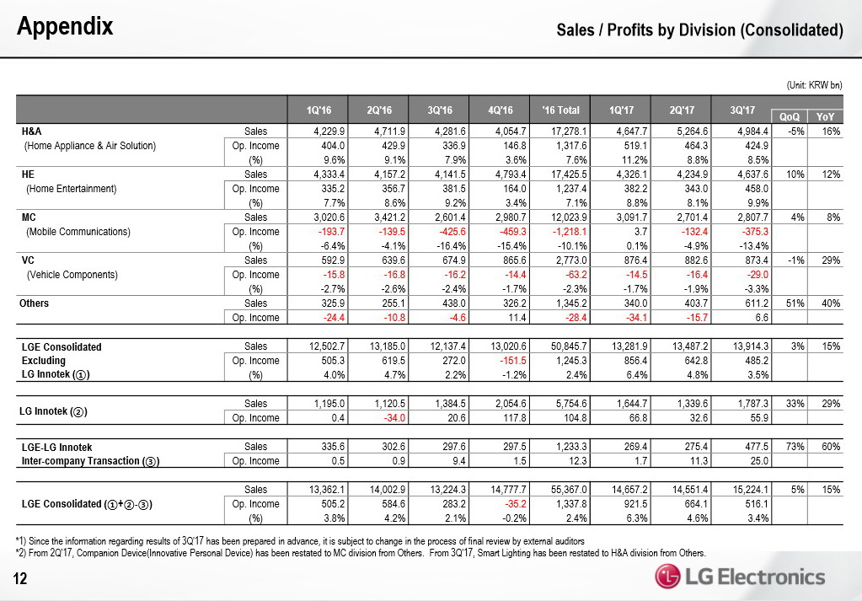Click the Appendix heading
66,27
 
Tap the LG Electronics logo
741,577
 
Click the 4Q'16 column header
501,110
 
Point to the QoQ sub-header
790,117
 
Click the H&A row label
32,131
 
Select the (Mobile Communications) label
78,232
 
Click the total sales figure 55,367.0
570,489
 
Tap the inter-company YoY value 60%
831,447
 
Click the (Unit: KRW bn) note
814,84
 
